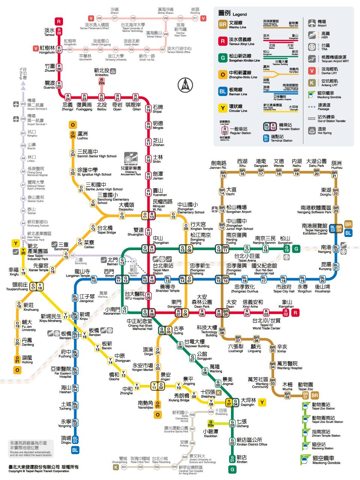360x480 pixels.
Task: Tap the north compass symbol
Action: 185,85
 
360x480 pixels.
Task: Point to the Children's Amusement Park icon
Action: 132,159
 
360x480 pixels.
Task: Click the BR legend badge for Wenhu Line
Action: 223,25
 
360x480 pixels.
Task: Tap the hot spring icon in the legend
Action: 311,130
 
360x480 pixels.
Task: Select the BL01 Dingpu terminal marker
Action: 75,439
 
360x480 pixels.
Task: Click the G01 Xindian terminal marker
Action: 232,459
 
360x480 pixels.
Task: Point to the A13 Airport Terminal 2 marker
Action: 23,103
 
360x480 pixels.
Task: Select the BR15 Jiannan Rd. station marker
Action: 223,174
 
